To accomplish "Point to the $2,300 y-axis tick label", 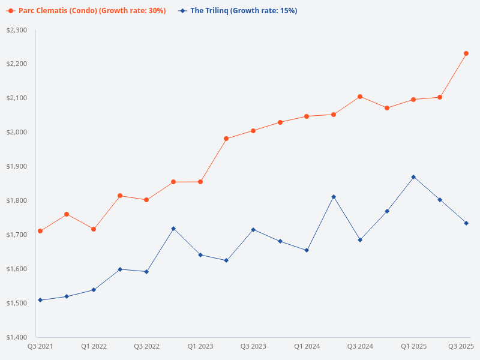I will (x=16, y=30).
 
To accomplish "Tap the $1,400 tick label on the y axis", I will (x=16, y=337).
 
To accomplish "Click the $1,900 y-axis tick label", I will (x=16, y=166).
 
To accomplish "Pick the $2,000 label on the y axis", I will (x=16, y=132).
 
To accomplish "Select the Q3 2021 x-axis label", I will (x=40, y=346).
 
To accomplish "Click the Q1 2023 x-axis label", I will (x=200, y=346).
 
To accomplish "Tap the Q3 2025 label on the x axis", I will (x=461, y=346).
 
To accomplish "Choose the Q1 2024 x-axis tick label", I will (x=307, y=346).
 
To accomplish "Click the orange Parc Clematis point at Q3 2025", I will (x=466, y=53).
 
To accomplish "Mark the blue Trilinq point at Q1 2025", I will (x=413, y=177).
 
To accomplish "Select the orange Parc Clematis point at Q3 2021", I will (x=40, y=231).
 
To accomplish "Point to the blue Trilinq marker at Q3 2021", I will (x=40, y=300).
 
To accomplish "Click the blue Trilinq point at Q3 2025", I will (x=466, y=223).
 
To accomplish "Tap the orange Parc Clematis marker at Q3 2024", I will (x=360, y=97).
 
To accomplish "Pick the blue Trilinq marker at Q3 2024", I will (x=360, y=240).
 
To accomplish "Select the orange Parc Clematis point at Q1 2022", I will (x=94, y=229).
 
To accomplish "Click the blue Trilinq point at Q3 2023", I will (x=253, y=230).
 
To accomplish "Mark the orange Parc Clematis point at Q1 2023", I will (x=200, y=182).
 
